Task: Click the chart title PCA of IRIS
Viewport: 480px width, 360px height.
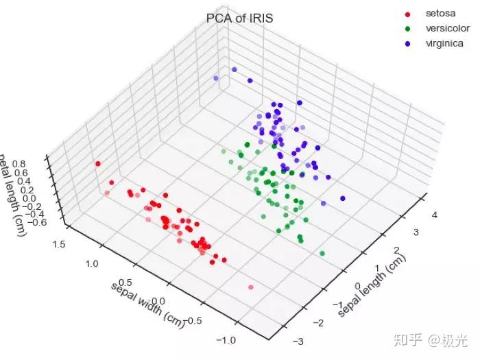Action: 239,19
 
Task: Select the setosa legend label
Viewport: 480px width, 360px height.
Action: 440,13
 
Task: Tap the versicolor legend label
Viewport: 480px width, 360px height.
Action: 447,28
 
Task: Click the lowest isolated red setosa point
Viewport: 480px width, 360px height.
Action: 251,287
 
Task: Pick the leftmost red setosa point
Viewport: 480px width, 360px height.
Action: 98,163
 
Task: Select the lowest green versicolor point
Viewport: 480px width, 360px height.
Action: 322,253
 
